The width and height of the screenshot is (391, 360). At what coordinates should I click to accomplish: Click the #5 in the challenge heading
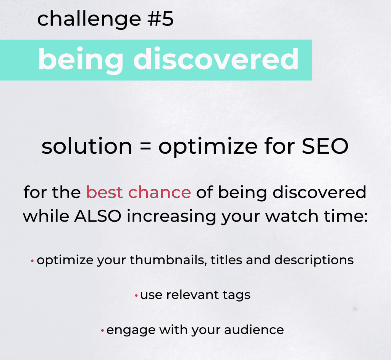[x=160, y=19]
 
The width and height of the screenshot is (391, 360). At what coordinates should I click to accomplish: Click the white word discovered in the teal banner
[x=216, y=59]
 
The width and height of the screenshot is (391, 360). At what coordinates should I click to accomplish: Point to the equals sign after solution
[x=145, y=146]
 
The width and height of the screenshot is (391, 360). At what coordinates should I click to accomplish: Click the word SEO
[x=325, y=146]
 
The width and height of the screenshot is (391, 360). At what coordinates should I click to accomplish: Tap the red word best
[x=105, y=192]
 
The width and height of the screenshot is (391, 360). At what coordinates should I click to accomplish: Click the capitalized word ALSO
[x=98, y=216]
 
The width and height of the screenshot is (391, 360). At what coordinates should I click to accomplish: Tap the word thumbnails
[x=168, y=260]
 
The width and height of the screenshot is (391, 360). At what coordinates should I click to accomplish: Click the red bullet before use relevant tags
[x=136, y=296]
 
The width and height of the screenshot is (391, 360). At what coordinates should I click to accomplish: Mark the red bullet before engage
[x=102, y=331]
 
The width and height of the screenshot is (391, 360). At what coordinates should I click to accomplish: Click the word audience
[x=254, y=330]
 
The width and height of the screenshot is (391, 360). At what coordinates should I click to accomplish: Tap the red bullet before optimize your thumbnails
[x=32, y=261]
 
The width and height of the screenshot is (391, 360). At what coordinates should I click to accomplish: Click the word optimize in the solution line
[x=208, y=147]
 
